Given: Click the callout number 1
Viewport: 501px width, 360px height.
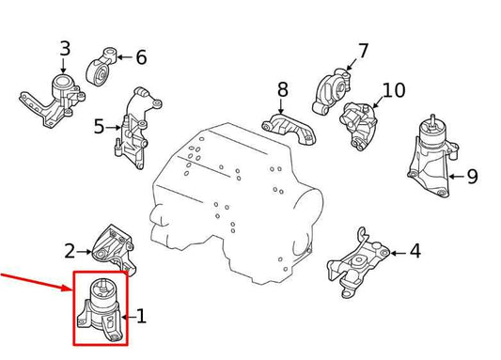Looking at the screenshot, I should [x=141, y=317].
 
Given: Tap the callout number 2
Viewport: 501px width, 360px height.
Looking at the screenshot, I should [x=70, y=251].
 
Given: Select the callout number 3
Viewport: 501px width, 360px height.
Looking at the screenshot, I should [x=64, y=48].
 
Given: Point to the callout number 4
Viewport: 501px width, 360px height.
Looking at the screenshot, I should [x=415, y=251].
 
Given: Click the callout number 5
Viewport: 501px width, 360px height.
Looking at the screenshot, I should [x=99, y=126].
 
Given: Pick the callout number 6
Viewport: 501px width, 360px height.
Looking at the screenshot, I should [x=141, y=58].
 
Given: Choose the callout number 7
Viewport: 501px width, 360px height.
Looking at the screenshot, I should [x=363, y=51].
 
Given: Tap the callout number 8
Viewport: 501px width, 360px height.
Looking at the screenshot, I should [x=282, y=91].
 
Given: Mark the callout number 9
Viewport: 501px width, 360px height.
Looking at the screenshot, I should [x=472, y=176].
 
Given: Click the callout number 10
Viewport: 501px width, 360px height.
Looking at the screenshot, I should [x=394, y=91].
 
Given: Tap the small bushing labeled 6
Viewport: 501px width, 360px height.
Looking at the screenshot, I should [x=101, y=69].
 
